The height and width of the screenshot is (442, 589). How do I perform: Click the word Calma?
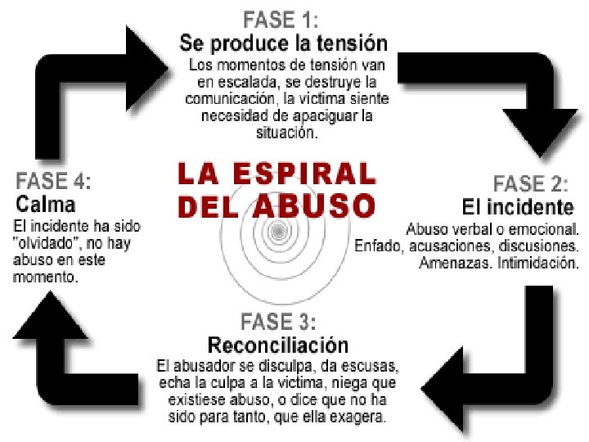[x=46, y=203]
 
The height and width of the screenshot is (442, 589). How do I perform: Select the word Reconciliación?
[x=277, y=344]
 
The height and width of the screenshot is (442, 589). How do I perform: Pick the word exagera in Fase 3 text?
[x=357, y=417]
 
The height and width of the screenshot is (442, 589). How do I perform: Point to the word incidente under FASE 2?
[x=531, y=205]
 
